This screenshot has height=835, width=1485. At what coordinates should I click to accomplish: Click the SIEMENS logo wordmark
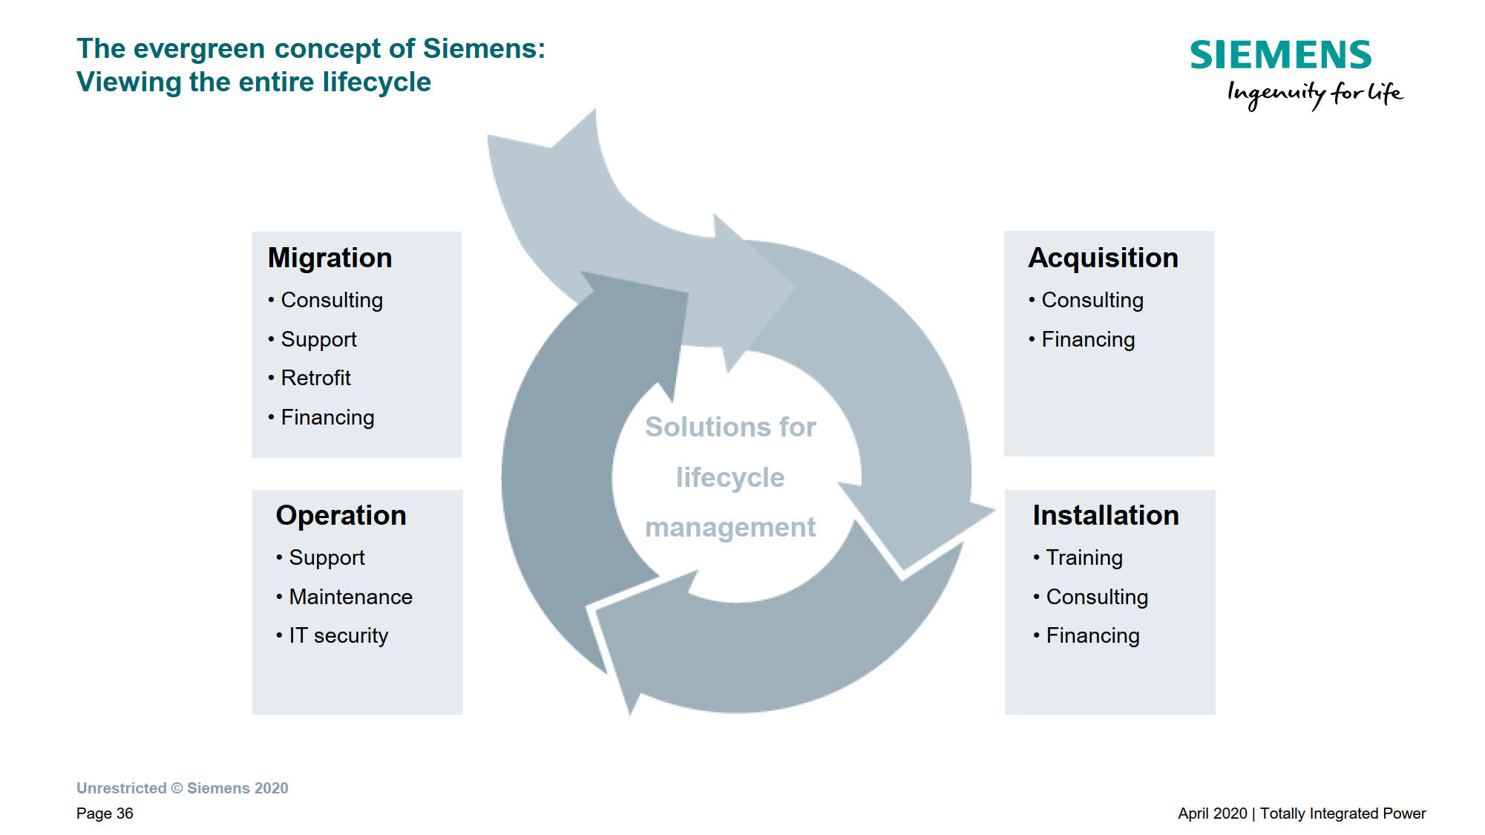click(x=1280, y=56)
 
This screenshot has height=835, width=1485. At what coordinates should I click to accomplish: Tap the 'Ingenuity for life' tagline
click(x=1314, y=94)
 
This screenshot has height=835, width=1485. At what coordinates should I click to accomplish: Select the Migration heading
click(x=330, y=258)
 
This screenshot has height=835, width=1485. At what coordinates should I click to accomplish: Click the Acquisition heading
click(x=1103, y=258)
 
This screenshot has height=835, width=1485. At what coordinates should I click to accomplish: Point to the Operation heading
click(x=341, y=515)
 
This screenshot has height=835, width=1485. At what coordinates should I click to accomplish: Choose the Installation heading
click(x=1105, y=515)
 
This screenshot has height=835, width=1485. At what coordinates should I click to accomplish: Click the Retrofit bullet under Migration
click(x=315, y=378)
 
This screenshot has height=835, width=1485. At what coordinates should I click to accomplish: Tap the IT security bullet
click(x=338, y=635)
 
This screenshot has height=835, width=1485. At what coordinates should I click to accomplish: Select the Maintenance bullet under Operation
click(x=350, y=597)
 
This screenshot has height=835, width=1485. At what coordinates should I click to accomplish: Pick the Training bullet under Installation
click(x=1084, y=557)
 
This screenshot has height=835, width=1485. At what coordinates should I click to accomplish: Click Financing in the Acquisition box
click(x=1088, y=339)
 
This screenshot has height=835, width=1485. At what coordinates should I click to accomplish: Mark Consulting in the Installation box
click(x=1097, y=597)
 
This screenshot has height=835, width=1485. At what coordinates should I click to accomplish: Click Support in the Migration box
click(x=318, y=339)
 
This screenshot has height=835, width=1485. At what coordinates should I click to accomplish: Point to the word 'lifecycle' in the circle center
click(x=730, y=477)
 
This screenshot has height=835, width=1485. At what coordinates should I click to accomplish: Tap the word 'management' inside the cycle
click(x=730, y=527)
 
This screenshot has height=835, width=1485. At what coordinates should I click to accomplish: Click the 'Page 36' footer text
click(x=105, y=813)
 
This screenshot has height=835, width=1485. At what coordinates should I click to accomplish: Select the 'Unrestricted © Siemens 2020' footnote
click(x=182, y=788)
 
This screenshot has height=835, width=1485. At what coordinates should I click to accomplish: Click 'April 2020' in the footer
click(x=1212, y=813)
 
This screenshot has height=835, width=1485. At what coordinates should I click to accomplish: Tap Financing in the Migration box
click(x=327, y=417)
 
